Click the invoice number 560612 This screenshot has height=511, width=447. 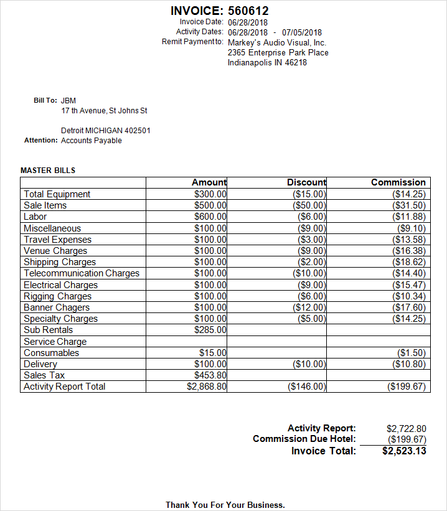click(248, 11)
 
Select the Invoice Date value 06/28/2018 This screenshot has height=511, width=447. click(248, 22)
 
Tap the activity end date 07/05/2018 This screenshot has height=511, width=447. click(302, 32)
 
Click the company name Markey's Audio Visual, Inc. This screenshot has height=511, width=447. click(277, 43)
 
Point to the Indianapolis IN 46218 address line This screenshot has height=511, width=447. click(267, 63)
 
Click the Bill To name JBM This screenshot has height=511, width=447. click(68, 100)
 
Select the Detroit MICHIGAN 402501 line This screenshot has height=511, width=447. click(106, 131)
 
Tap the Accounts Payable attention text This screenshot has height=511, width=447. click(92, 141)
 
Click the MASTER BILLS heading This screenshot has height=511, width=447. click(48, 170)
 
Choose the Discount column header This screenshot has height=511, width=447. click(306, 182)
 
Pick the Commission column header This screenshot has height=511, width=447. click(398, 182)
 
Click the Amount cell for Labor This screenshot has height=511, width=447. click(210, 217)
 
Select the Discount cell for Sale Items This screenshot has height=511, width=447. click(309, 205)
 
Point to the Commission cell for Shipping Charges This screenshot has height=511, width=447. click(409, 262)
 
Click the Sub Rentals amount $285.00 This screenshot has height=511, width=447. click(210, 330)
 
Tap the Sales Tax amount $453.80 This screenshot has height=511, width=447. click(210, 375)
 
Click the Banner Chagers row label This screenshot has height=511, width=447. click(57, 307)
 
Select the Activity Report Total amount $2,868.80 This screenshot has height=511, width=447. click(207, 387)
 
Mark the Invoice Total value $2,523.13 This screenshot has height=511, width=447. click(404, 451)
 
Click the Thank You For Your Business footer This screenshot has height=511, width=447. click(225, 505)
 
